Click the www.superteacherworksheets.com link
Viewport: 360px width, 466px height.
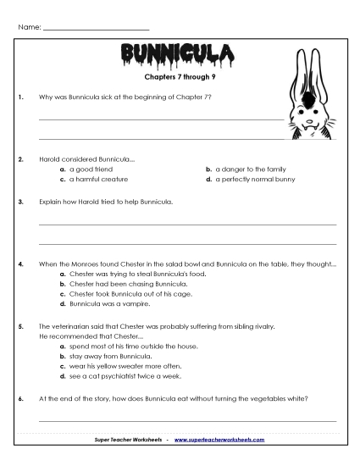pos(219,440)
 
